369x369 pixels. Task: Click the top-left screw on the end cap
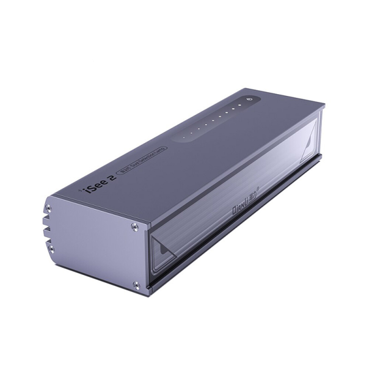click(48, 208)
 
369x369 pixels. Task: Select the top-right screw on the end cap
click(134, 227)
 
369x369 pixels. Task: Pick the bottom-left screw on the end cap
click(51, 249)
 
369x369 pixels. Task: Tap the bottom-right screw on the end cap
click(136, 285)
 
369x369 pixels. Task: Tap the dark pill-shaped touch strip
click(214, 119)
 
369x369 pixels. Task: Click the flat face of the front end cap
click(92, 244)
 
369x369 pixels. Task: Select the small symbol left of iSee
click(80, 189)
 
